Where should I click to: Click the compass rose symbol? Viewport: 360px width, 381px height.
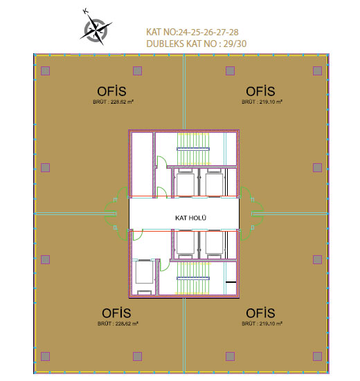96,30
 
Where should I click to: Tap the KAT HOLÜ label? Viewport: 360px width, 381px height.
190,218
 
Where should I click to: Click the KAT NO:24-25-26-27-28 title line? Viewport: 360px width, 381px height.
192,32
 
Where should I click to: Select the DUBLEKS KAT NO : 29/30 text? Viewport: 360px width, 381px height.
197,44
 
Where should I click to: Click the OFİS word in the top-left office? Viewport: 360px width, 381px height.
111,91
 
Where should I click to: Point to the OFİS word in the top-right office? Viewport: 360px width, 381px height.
260,91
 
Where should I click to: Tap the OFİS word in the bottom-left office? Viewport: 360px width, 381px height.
116,313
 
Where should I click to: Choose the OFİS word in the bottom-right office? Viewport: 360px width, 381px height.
260,313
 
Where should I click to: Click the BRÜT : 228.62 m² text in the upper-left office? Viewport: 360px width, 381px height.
113,102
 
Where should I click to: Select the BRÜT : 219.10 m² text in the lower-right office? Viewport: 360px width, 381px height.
262,324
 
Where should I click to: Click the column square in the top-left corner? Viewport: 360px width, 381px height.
45,71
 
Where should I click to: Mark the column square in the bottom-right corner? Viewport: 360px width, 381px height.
317,357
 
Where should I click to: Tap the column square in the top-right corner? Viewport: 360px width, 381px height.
317,71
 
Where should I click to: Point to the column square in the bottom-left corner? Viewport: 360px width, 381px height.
45,357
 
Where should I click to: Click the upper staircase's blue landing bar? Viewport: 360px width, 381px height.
193,149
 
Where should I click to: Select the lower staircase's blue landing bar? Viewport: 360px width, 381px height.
193,279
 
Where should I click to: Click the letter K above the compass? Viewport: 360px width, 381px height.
85,11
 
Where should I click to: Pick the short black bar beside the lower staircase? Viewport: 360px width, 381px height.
231,282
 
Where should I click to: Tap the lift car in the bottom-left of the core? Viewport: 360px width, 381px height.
144,272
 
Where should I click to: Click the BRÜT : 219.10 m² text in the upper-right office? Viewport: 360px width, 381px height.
262,102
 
